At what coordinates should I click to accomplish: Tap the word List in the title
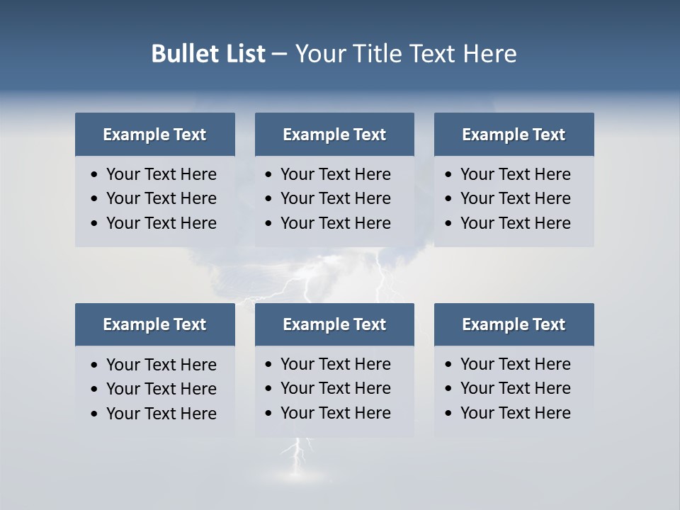[x=244, y=54]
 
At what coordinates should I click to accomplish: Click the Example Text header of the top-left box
[x=154, y=135]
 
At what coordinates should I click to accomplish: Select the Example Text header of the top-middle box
[x=334, y=135]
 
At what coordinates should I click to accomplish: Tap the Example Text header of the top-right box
[x=514, y=135]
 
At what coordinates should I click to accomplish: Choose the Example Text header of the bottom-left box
[x=154, y=324]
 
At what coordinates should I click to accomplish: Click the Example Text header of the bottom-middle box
[x=334, y=324]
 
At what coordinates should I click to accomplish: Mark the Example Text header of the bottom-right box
[x=514, y=324]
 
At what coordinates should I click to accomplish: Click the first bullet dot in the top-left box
[x=95, y=175]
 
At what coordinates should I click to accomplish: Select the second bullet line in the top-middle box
[x=335, y=198]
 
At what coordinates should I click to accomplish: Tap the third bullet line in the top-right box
[x=515, y=223]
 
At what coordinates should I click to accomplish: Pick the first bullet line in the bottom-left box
[x=161, y=365]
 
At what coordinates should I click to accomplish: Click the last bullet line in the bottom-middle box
[x=335, y=413]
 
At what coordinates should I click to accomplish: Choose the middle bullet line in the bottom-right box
[x=515, y=388]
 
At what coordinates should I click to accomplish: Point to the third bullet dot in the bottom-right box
[x=449, y=414]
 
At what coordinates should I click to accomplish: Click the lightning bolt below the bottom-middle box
[x=297, y=457]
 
